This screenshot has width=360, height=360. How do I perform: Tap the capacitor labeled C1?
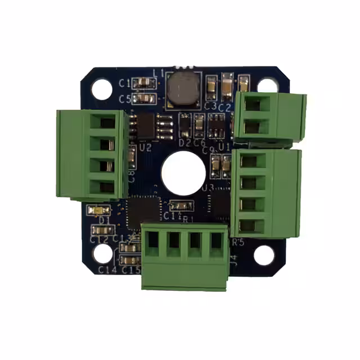146,83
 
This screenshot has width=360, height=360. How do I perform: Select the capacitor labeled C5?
146,98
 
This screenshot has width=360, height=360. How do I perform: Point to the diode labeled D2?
184,124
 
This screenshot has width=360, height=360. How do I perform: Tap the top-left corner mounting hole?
102,87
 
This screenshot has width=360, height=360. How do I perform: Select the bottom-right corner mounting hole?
264,255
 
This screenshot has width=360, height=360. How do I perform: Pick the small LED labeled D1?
99,210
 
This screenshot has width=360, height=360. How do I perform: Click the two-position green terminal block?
268,116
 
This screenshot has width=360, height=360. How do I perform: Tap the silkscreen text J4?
233,260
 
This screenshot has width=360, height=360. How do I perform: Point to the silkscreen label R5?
238,242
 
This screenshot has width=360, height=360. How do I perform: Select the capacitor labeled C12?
101,229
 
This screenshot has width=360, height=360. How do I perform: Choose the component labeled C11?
181,205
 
